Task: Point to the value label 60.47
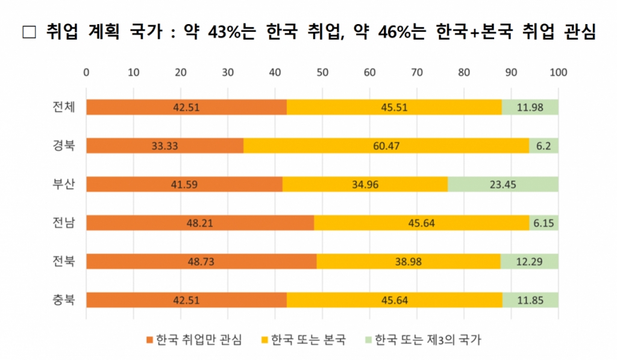pos(386,146)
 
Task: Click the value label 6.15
pos(544,223)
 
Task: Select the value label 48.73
pos(201,261)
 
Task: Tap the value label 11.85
pos(530,300)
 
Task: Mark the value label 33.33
pos(164,146)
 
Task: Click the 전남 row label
pos(63,223)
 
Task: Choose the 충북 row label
pos(63,300)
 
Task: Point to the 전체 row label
pos(63,107)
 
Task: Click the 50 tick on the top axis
pos(322,72)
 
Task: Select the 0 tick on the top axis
pos(87,72)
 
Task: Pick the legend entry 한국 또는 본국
pos(308,339)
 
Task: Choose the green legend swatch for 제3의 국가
pos(368,339)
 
